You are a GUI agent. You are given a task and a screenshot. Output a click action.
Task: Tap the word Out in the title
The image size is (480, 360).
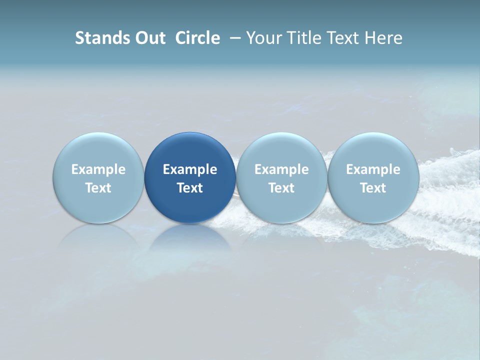149,38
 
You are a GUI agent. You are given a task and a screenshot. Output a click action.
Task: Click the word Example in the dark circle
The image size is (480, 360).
190,169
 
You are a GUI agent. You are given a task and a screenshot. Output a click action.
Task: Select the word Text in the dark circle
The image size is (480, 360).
190,188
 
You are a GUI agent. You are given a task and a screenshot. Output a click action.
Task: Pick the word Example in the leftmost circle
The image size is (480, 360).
98,169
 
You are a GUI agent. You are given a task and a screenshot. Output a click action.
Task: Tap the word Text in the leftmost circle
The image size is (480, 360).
98,188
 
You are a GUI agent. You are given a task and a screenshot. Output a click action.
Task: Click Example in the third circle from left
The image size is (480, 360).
281,169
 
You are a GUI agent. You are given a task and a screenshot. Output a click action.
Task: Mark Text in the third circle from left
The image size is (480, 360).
281,188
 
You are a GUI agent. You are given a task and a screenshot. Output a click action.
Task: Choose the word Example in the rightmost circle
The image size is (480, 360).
373,169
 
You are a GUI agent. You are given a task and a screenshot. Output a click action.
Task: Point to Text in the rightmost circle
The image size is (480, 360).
373,188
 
